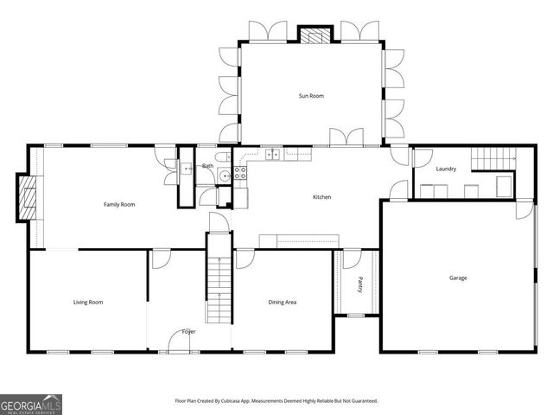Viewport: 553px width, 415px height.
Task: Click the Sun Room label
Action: tap(311, 96)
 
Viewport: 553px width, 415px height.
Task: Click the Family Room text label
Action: tap(119, 204)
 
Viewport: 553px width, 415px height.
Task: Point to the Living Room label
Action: tap(88, 302)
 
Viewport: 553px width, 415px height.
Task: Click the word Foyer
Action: tap(188, 331)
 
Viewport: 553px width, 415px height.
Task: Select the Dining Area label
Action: tap(283, 302)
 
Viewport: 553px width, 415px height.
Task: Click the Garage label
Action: tap(458, 278)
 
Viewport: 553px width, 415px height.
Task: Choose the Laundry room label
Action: tap(446, 169)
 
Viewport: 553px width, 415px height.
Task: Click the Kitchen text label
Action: tap(321, 197)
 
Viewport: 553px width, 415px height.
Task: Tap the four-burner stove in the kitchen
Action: tap(240, 172)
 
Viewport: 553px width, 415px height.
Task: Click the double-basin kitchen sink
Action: tap(272, 155)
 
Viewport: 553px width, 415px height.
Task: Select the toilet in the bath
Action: tap(220, 156)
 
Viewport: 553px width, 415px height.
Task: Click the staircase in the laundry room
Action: tap(493, 159)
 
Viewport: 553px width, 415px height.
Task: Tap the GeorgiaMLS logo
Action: tap(31, 404)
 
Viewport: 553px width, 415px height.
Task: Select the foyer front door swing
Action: tap(179, 344)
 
